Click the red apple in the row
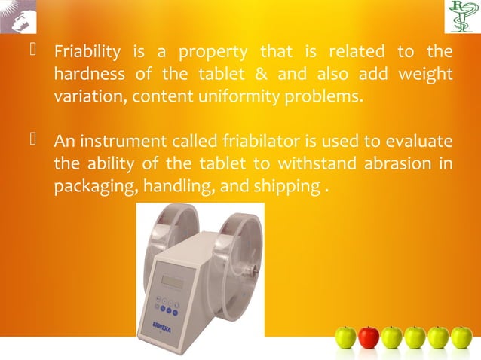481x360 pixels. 369,337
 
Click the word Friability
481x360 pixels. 87,53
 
